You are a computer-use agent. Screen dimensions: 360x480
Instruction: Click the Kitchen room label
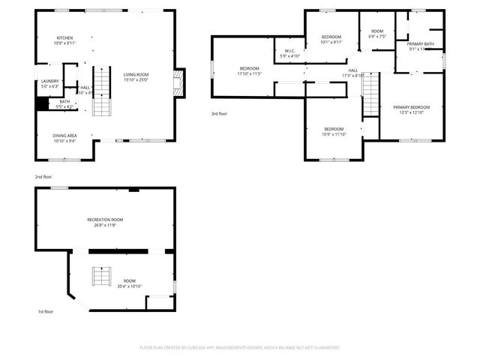[65, 38]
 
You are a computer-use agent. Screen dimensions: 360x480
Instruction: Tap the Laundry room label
[49, 81]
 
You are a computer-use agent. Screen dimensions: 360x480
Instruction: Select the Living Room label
[136, 74]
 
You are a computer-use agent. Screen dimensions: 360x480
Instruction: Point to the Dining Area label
[64, 136]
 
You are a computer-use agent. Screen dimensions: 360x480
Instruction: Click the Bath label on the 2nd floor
[64, 102]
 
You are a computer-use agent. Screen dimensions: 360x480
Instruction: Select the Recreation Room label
[104, 220]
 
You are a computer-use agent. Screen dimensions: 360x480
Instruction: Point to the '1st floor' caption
[46, 311]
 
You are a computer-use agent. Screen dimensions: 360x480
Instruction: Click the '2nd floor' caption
[43, 176]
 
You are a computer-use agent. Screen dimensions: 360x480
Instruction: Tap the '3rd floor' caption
[219, 113]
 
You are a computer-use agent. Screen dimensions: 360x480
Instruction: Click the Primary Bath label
[421, 44]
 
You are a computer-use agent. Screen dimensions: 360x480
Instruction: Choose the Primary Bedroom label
[411, 107]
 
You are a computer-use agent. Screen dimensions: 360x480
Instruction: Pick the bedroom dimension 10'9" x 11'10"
[334, 133]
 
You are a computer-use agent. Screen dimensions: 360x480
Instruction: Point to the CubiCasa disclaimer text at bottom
[240, 348]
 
